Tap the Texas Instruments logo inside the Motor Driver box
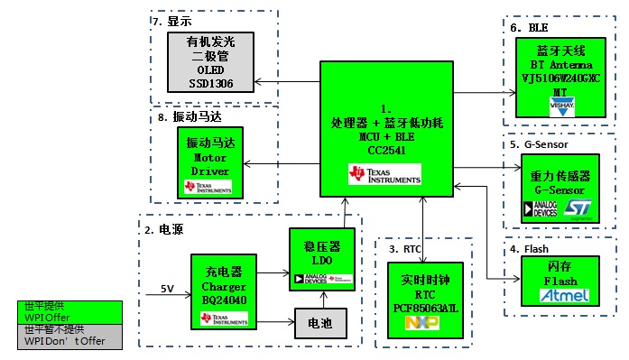(x=208, y=187)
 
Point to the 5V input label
(x=167, y=289)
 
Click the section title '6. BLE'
(x=528, y=29)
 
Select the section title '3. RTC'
(x=406, y=247)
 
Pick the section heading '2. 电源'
(x=164, y=229)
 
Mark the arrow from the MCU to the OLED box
(x=287, y=82)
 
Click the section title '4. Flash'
(x=530, y=249)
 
